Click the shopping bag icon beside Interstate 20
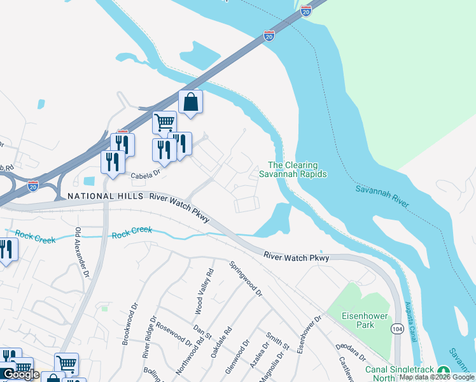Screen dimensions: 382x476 (x=190, y=102)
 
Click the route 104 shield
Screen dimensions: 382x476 (x=396, y=327)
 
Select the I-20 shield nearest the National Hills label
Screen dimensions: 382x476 (x=33, y=185)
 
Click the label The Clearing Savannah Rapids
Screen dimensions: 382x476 (x=293, y=169)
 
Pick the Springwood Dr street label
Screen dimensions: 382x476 (x=246, y=279)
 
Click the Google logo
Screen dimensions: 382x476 (x=21, y=374)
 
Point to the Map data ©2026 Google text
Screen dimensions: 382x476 (x=437, y=377)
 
